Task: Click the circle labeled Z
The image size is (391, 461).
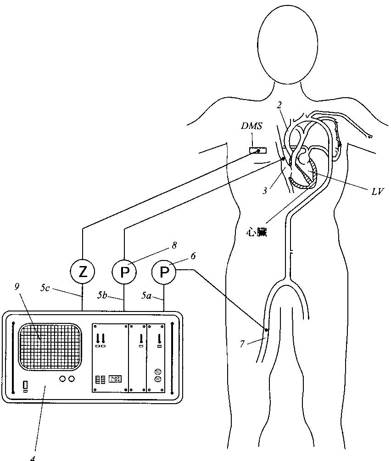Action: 83,272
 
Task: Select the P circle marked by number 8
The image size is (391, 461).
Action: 124,272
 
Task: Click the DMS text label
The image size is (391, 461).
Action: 252,126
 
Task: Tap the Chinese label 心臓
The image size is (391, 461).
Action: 257,233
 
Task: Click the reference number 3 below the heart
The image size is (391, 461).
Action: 265,190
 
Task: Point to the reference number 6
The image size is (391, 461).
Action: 193,255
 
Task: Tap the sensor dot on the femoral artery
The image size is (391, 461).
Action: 266,329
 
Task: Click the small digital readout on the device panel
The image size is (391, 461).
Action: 115,379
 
